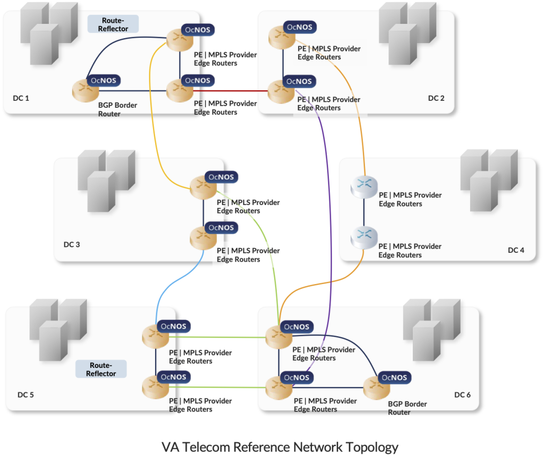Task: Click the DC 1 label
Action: coord(21,98)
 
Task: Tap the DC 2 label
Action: coord(436,98)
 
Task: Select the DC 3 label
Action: coord(72,245)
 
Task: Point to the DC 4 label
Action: coord(516,250)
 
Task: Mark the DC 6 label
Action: coord(462,395)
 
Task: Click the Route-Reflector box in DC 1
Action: coord(113,24)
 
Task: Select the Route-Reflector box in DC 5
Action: coord(101,370)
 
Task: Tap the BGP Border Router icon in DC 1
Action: coord(85,90)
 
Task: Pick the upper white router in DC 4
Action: coord(364,187)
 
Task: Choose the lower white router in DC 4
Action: coord(364,237)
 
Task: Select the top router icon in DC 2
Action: coord(279,37)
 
